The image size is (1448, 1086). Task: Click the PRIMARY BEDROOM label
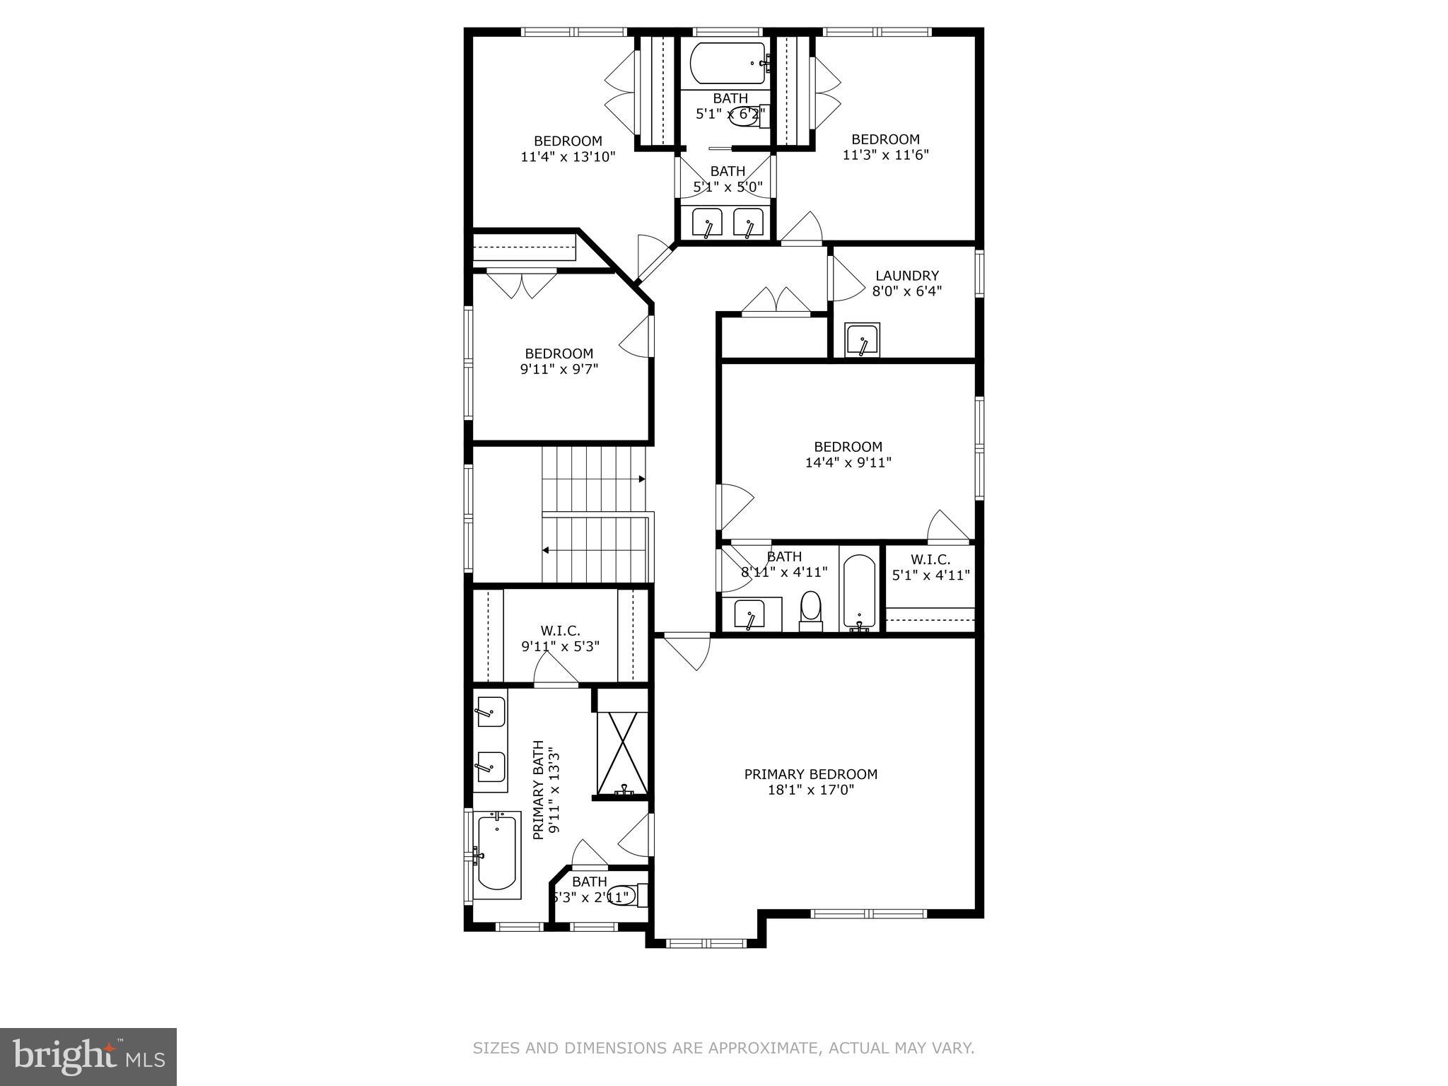point(810,774)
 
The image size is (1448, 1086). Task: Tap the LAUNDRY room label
point(906,276)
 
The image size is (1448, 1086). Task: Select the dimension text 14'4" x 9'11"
point(848,462)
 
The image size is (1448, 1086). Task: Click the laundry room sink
point(863,341)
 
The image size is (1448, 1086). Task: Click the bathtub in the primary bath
point(496,854)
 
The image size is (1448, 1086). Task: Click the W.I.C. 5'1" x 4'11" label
point(930,568)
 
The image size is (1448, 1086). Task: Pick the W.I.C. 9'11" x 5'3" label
point(560,638)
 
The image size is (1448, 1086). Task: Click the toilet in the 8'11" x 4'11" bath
point(810,610)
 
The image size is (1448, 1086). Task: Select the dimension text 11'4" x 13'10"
point(568,157)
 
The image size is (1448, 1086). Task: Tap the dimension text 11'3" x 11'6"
point(885,155)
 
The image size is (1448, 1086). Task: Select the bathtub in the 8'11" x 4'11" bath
point(859,591)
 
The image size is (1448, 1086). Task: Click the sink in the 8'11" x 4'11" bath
point(749,614)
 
